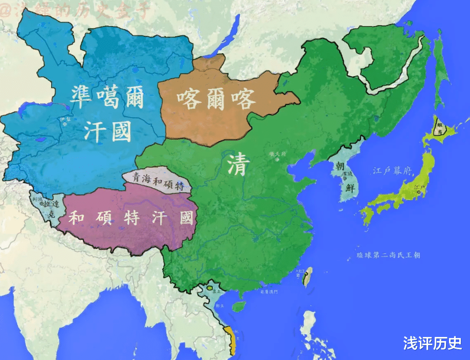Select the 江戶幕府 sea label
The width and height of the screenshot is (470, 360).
[x=392, y=171]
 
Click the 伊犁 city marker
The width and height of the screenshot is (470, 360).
[x=64, y=124]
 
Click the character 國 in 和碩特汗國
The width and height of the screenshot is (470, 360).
[x=187, y=218]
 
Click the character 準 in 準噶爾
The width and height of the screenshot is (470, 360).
[x=84, y=97]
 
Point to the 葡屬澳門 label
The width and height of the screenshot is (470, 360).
[x=268, y=292]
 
